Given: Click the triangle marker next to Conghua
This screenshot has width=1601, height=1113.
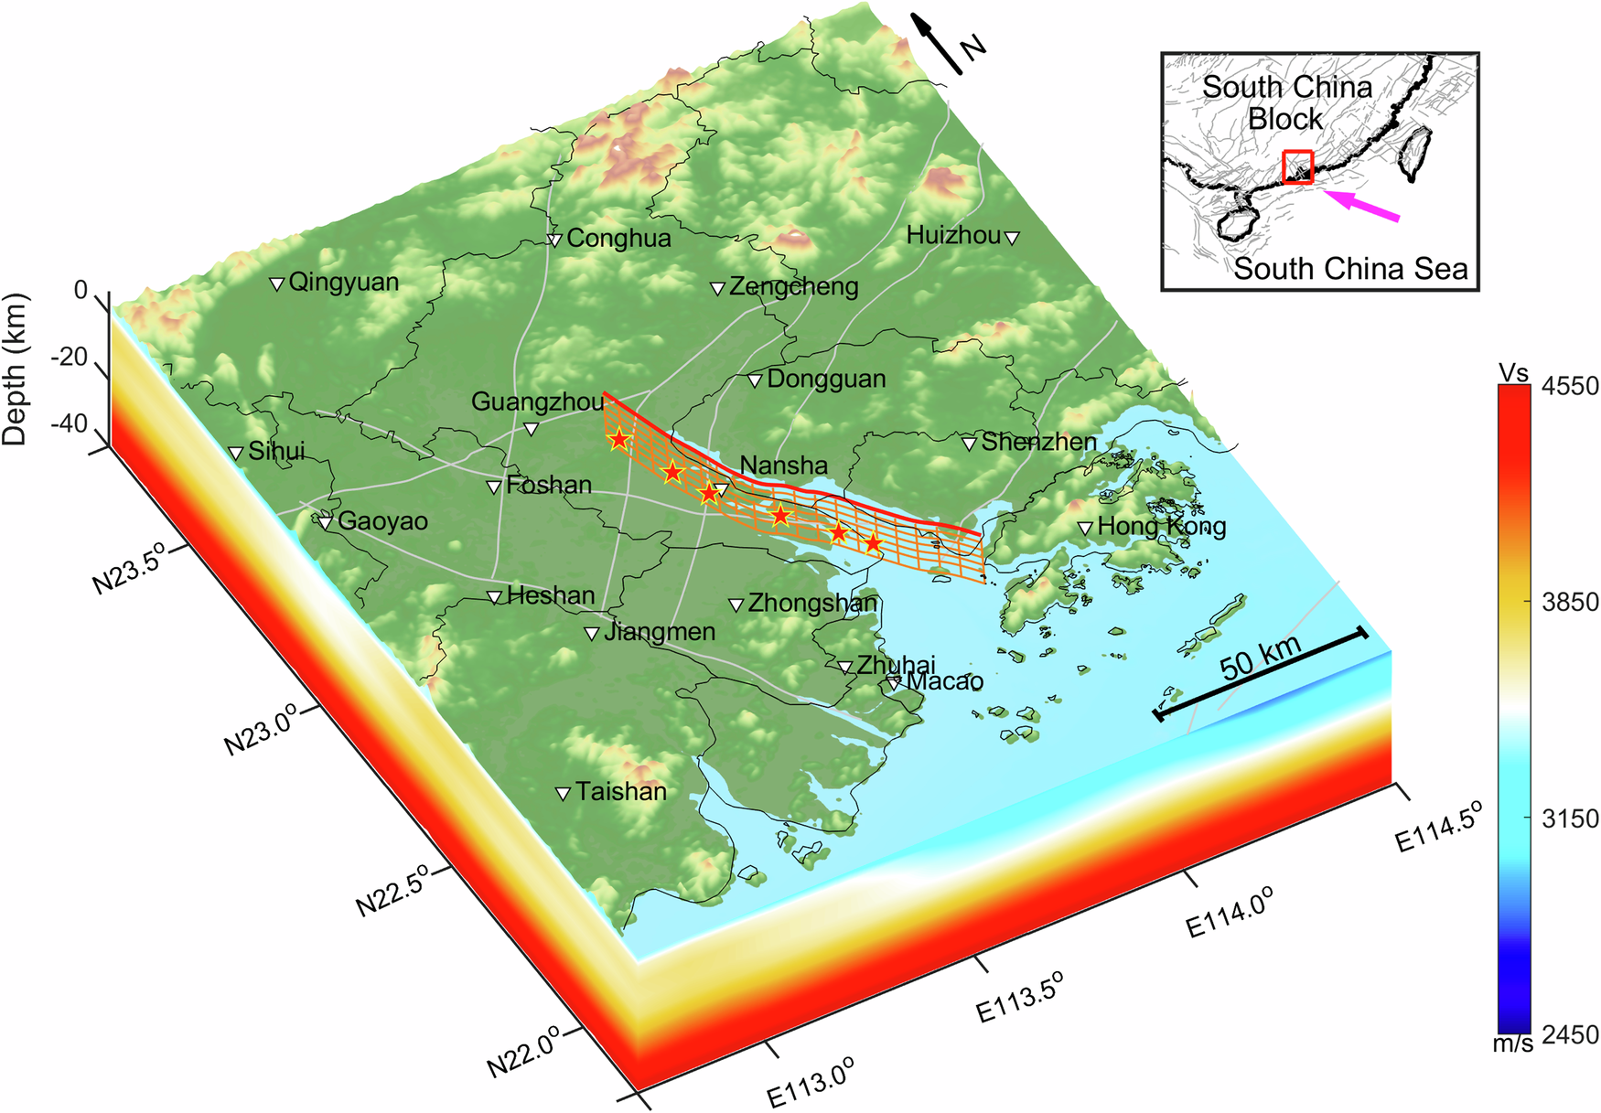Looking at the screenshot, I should [554, 241].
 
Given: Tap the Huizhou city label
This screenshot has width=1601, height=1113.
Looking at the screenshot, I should [953, 235].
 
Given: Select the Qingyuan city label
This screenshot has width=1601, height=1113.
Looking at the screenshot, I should [343, 282].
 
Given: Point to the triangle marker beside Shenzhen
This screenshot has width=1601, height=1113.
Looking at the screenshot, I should [969, 444].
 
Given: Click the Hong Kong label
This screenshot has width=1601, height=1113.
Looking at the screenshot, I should [1161, 526].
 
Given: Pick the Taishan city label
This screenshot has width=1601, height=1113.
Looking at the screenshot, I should [620, 791].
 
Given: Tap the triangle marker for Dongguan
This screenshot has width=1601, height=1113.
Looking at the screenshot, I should [755, 380].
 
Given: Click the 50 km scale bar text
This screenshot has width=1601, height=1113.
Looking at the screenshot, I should [1260, 658].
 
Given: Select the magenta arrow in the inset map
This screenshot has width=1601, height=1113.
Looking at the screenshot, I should [1362, 206].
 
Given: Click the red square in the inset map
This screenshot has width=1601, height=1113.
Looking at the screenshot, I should [1297, 166].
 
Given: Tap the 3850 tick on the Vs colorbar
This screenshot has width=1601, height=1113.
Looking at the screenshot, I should [1570, 602].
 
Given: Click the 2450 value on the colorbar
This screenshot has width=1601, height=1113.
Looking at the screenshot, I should [1570, 1034].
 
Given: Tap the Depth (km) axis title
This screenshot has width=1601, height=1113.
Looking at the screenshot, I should [16, 369].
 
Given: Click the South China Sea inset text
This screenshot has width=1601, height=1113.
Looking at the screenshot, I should [1350, 269].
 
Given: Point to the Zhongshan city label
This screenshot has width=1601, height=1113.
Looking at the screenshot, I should [811, 603].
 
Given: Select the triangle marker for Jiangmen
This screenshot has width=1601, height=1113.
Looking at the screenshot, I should [592, 634].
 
